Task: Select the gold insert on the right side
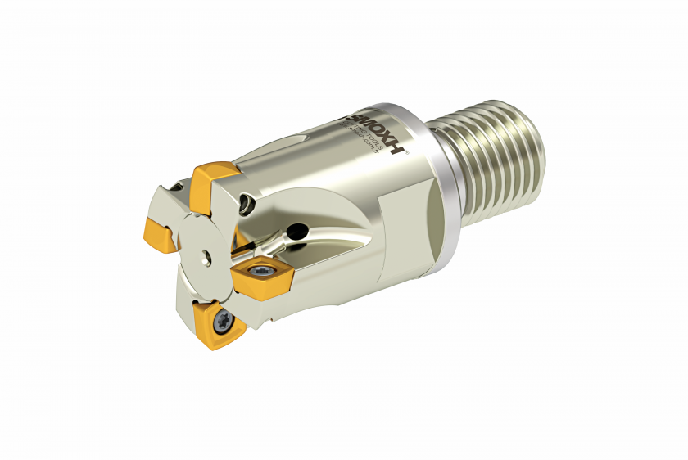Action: tap(261, 274)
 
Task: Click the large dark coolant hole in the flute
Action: tap(301, 232)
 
